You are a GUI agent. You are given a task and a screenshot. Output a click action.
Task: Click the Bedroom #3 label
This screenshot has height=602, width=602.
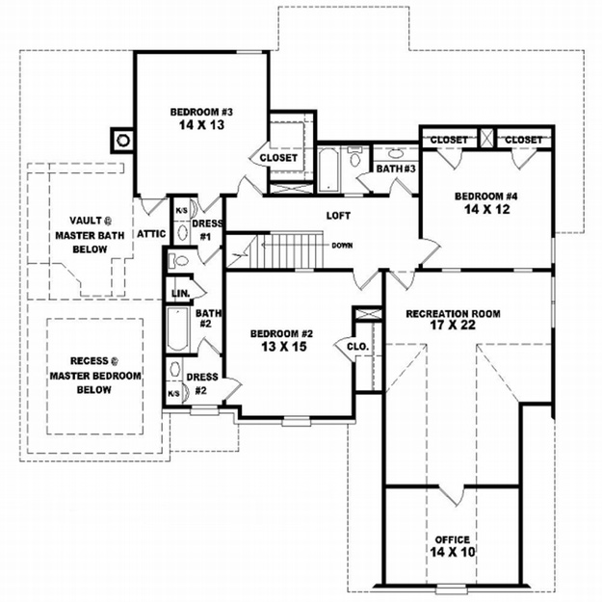pos(201,112)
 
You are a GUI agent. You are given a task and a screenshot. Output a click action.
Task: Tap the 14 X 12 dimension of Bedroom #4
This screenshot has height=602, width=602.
pos(486,209)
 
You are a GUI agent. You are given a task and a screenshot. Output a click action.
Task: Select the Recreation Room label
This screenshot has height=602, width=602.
pos(453,314)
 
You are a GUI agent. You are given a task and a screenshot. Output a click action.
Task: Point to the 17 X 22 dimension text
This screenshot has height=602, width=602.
pos(453,326)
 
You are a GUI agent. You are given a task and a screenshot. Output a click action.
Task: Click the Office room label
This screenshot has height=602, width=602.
pos(453,539)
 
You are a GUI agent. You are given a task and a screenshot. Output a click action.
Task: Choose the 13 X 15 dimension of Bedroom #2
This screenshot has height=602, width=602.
pos(284,347)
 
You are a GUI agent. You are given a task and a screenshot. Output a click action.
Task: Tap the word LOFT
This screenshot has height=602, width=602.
pos(338,216)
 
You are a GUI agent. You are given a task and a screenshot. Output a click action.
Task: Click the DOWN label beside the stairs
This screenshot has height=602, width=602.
pos(342,246)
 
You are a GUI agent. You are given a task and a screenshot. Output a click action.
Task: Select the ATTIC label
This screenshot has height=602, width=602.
pos(151,234)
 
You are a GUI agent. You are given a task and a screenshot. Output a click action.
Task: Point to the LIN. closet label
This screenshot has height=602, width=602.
pos(180,294)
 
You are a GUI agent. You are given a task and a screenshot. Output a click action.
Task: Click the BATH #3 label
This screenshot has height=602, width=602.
pos(396,169)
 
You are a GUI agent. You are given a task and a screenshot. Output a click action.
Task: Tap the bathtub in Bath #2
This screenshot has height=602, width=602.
pos(178,329)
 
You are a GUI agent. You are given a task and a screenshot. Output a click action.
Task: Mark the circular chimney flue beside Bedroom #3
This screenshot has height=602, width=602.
pos(123,140)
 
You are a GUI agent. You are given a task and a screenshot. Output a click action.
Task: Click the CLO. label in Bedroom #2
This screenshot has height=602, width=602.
pos(357,347)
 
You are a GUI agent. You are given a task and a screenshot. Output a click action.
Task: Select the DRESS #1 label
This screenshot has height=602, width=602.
pos(206,230)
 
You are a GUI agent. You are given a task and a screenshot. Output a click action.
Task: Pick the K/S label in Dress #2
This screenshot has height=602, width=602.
pos(174,394)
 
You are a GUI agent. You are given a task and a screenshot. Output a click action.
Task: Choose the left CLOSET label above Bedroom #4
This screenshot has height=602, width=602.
pos(449,140)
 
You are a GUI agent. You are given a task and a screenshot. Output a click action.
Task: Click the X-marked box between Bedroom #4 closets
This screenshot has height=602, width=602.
pos(486,138)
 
